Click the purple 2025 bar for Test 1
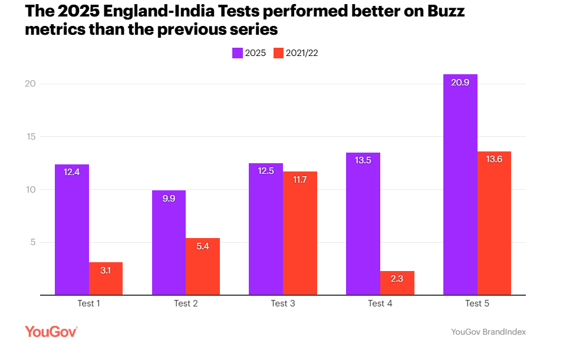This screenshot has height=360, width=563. [72, 230]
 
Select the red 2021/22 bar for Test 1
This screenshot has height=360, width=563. [106, 279]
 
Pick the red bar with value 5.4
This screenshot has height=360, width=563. [203, 266]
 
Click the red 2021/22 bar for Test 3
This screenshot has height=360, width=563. [299, 233]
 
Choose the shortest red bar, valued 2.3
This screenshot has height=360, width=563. [397, 283]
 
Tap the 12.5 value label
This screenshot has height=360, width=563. [265, 171]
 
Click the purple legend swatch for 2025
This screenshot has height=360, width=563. [237, 53]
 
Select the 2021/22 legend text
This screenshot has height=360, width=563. [302, 53]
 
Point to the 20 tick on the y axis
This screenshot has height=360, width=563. [31, 84]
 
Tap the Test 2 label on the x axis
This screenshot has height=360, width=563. [186, 304]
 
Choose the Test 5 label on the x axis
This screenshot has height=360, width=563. [477, 304]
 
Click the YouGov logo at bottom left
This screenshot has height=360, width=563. [51, 332]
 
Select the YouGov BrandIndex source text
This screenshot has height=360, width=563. [488, 332]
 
